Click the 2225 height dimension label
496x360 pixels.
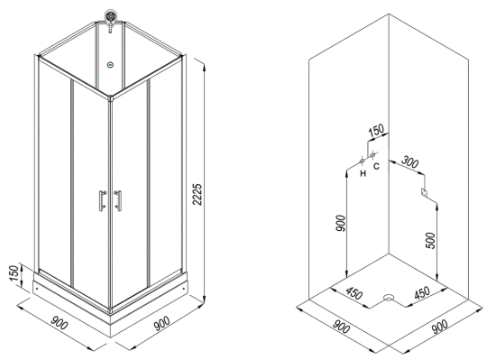pos(197,194)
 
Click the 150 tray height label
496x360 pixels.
pos(14,274)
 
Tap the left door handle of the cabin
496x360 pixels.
pos(102,200)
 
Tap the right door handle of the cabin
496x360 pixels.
pos(118,200)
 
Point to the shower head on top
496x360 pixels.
pos(110,18)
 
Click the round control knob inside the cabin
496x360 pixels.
pos(110,65)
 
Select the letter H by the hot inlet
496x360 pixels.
pos(363,173)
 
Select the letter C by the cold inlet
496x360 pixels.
pos(376,166)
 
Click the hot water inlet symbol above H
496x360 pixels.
pos(363,162)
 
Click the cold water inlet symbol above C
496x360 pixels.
pos(372,154)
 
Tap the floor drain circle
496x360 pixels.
pos(389,298)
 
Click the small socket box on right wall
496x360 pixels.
pos(424,192)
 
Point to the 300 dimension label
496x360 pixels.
pos(410,162)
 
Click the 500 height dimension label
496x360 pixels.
pos(430,240)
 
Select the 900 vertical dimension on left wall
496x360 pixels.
pos(340,223)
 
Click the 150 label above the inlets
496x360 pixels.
pos(376,129)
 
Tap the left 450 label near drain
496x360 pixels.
pos(354,293)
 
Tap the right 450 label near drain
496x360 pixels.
pos(423,292)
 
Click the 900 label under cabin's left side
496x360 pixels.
pos(60,322)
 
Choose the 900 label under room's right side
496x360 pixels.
pos(440,327)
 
